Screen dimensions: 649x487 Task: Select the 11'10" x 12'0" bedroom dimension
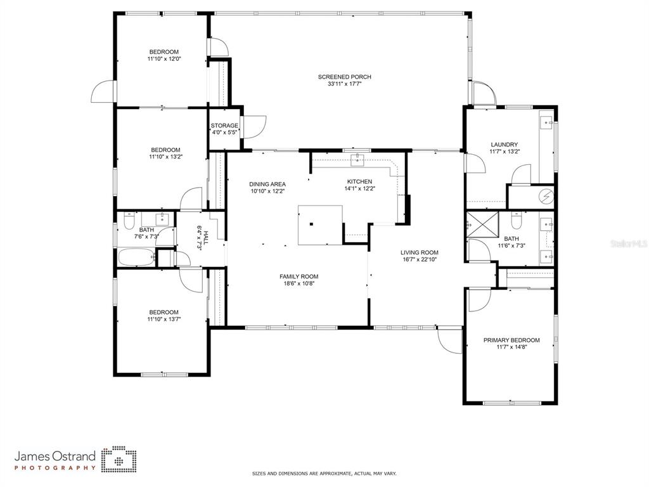(164, 59)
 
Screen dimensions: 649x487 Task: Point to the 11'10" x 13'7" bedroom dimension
(164, 320)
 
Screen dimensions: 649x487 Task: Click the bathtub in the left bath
(137, 257)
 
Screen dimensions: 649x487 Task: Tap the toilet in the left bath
(129, 221)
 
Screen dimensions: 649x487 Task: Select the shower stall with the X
(482, 224)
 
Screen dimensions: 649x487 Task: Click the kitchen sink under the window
(357, 159)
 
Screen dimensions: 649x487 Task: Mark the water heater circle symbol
(547, 197)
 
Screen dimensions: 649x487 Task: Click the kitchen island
(320, 225)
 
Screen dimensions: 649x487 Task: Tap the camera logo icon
(119, 459)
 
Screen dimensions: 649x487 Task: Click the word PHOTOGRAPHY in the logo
(55, 468)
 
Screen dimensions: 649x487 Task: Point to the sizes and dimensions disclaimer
(324, 473)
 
